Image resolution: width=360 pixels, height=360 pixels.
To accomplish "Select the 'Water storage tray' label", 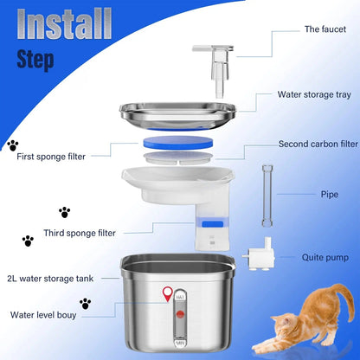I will [312, 95].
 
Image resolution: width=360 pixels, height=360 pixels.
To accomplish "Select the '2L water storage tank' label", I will [60, 278].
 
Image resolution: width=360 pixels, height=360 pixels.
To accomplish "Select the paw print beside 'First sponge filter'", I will [13, 146].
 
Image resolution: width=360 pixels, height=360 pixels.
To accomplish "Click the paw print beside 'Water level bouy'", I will [85, 304].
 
